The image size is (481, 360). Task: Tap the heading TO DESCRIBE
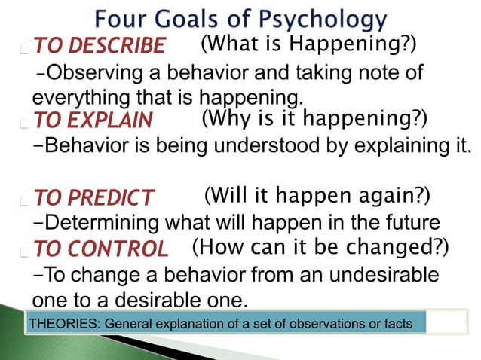pyautogui.click(x=99, y=47)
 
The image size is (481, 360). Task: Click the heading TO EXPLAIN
pyautogui.click(x=93, y=121)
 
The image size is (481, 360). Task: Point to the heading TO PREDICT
pyautogui.click(x=93, y=199)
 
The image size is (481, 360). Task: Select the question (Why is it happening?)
pyautogui.click(x=314, y=118)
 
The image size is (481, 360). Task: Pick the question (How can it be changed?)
pyautogui.click(x=320, y=246)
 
